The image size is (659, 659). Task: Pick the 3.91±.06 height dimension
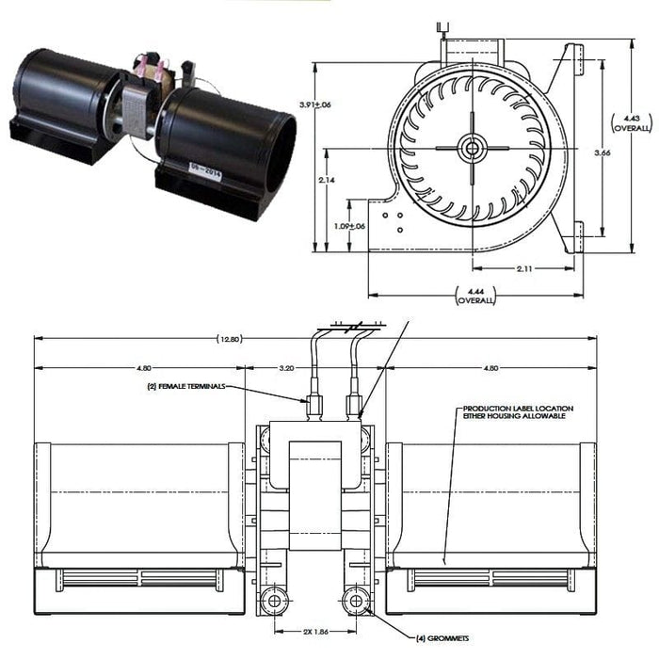314,104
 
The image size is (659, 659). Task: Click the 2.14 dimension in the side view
325,180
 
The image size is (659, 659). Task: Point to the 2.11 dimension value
525,268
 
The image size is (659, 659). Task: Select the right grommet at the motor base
357,600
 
